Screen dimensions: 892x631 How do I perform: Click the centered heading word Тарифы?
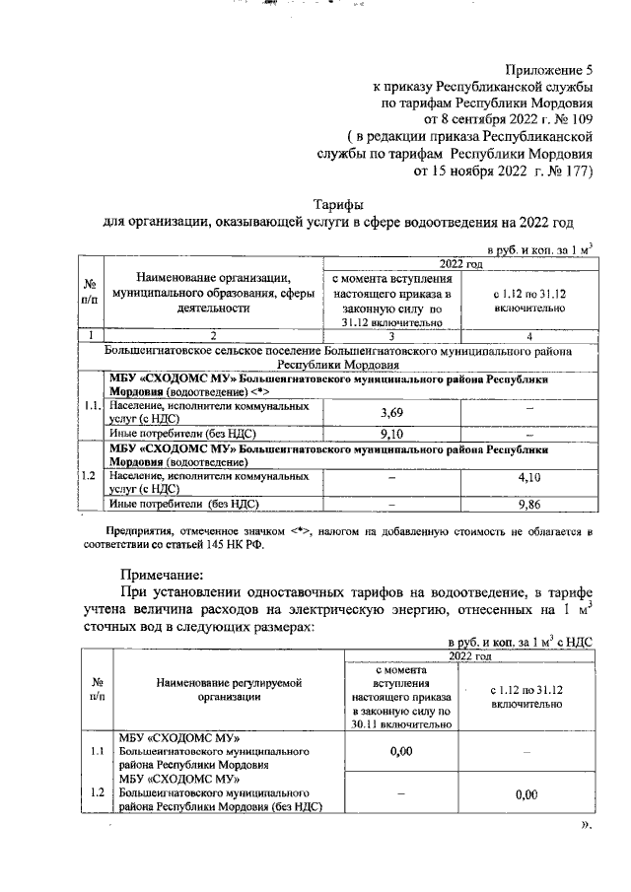pos(338,203)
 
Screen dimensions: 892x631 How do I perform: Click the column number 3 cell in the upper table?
pos(391,337)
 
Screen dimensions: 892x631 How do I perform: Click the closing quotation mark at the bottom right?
pos(585,825)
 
